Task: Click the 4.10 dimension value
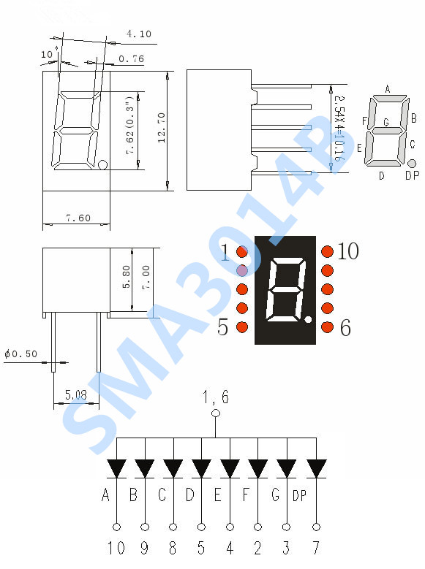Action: [x=139, y=34]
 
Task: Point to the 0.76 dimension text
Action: [x=131, y=58]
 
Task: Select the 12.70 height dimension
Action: [x=162, y=127]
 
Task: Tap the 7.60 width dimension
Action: [x=78, y=218]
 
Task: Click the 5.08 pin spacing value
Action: [x=76, y=394]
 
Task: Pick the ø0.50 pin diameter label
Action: [x=20, y=354]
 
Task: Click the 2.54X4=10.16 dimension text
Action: [x=339, y=128]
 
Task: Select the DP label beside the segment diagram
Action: [x=412, y=175]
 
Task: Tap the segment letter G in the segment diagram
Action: [x=386, y=122]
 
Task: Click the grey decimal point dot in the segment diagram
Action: [x=412, y=163]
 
